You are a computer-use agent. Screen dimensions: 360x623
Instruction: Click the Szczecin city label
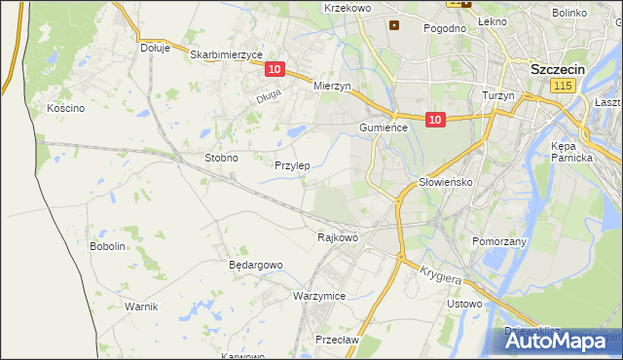[557, 70]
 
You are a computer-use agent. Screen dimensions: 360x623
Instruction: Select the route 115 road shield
[561, 87]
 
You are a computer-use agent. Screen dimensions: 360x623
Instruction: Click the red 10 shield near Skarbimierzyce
[274, 69]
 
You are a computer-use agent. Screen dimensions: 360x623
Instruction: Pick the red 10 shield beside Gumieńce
[434, 120]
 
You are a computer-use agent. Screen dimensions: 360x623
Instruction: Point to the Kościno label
[65, 108]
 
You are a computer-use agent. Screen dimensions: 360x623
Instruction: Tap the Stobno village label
[221, 157]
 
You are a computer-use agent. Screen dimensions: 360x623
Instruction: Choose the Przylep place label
[292, 165]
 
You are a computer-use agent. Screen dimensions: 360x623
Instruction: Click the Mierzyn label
[331, 86]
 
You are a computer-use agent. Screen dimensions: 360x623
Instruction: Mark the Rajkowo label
[338, 236]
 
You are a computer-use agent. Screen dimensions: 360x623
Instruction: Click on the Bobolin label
[108, 247]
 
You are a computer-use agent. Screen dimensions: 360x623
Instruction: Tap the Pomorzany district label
[499, 240]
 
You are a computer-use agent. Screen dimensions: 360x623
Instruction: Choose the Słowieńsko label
[445, 182]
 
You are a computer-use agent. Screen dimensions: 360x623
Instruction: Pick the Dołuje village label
[155, 47]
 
